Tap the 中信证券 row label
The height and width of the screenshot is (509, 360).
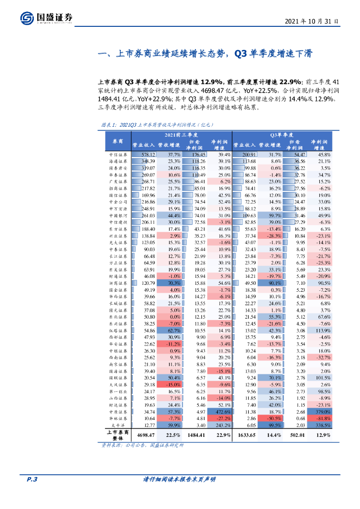(x=118, y=155)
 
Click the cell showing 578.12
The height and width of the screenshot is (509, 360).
(x=148, y=155)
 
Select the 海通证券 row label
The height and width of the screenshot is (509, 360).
(x=118, y=162)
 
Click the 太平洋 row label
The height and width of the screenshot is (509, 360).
(x=118, y=425)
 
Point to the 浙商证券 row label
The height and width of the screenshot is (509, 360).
(x=118, y=283)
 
